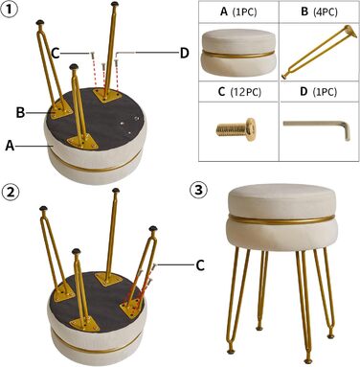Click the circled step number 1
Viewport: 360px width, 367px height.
[10, 9]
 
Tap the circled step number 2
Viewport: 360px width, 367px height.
[11, 193]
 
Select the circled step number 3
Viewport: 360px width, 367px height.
[198, 191]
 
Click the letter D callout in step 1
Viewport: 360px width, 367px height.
[184, 53]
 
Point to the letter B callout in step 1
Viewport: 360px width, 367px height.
[21, 112]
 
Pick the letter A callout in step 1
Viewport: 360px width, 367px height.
[10, 146]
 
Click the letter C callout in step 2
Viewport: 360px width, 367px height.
[200, 265]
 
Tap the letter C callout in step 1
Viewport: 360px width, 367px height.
[56, 53]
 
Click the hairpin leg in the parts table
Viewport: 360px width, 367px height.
[319, 53]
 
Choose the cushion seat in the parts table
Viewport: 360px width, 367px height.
[238, 56]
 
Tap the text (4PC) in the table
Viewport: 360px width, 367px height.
[325, 11]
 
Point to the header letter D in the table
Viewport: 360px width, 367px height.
[304, 92]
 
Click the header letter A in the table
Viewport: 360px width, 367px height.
[224, 11]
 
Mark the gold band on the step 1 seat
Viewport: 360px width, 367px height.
[96, 167]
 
